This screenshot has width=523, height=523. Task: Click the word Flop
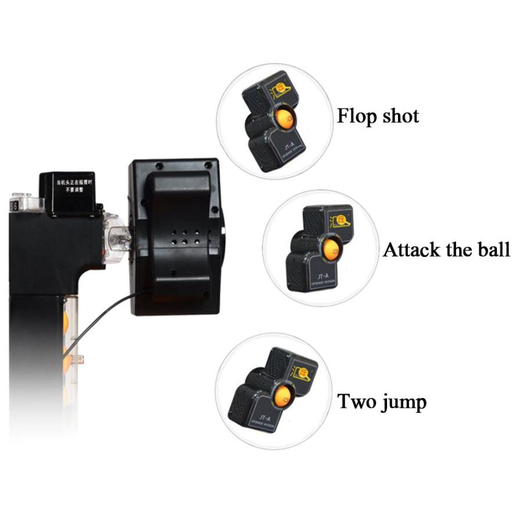coord(356,116)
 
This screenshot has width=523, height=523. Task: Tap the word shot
coord(399,116)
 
